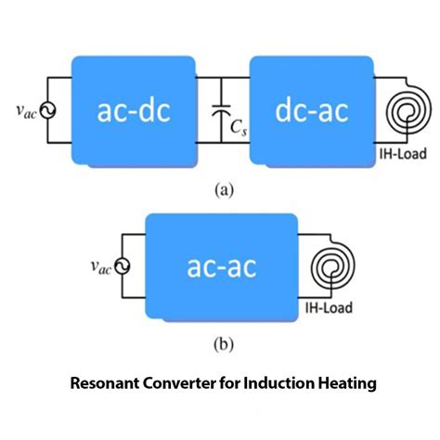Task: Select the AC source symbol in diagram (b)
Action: point(122,266)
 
